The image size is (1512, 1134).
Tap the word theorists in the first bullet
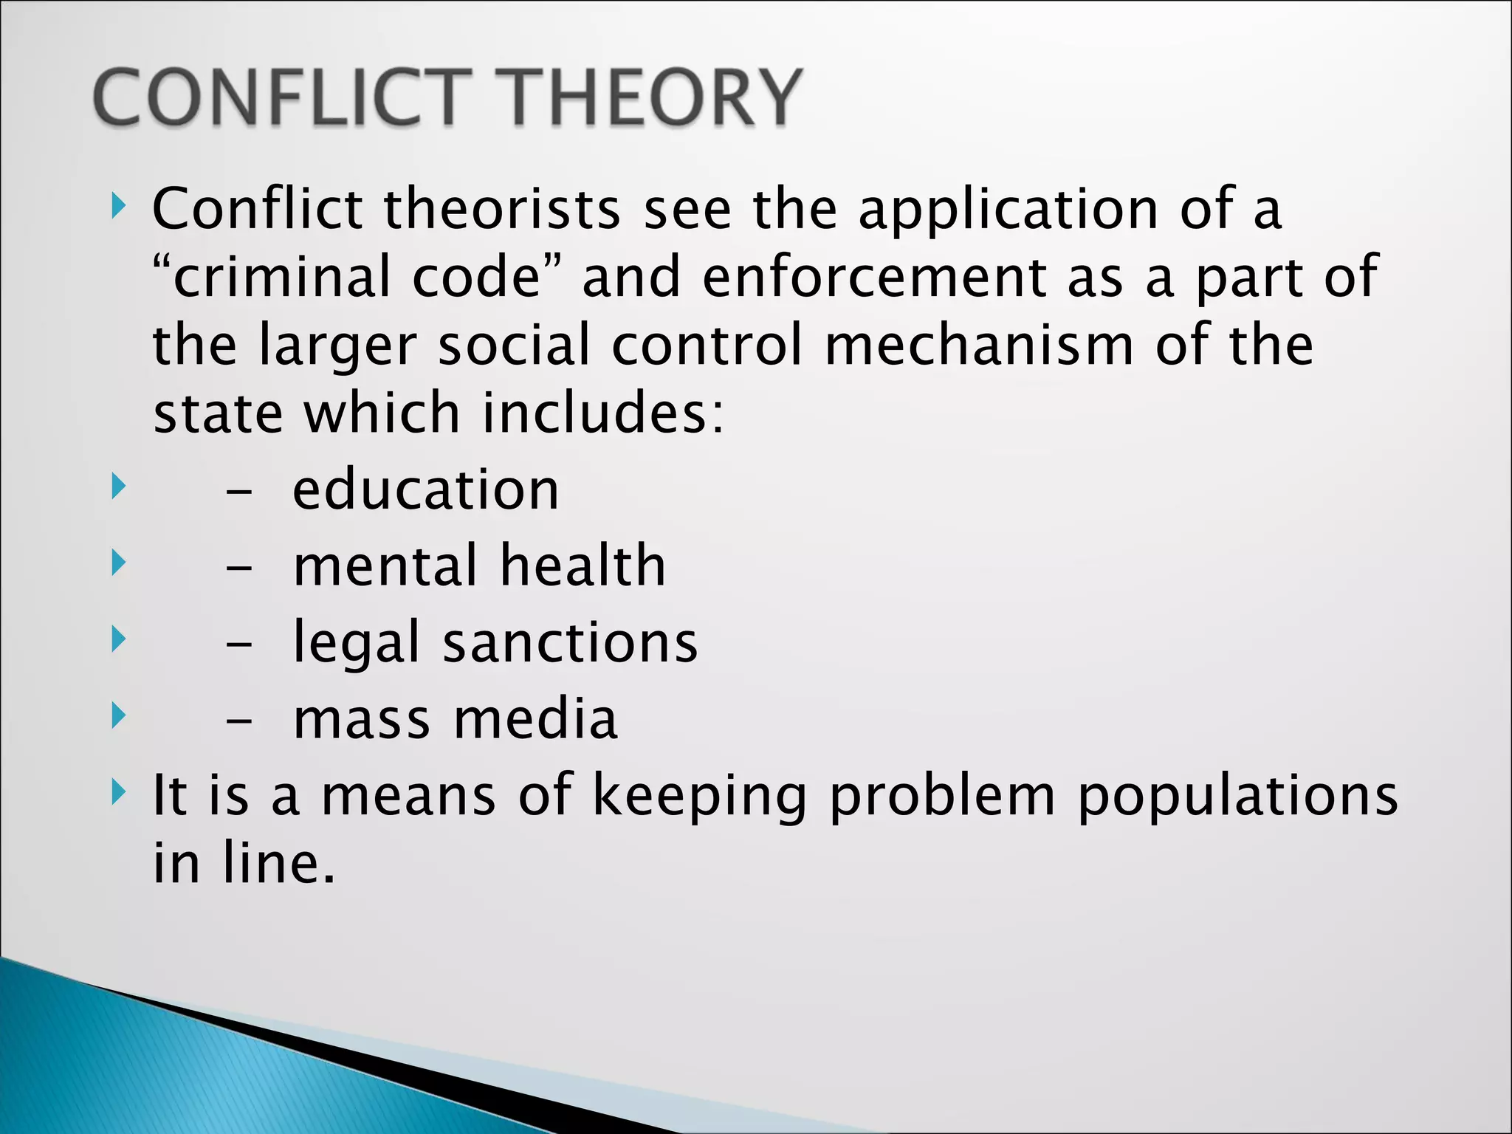tap(502, 210)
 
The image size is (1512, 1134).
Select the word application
tap(1008, 211)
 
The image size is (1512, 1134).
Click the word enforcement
tap(875, 277)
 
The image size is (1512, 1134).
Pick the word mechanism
tap(979, 346)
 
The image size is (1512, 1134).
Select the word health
tap(583, 566)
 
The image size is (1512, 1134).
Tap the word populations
tap(1237, 797)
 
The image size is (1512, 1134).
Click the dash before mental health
tap(239, 570)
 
